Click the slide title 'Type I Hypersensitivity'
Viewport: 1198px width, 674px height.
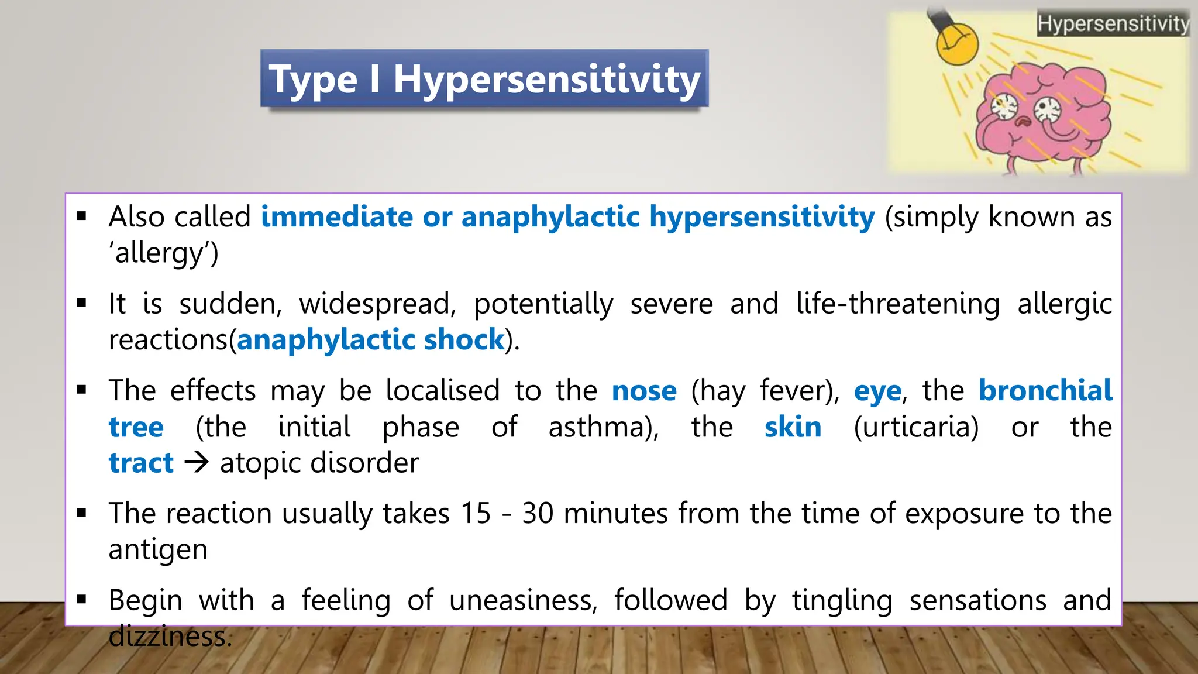pyautogui.click(x=484, y=79)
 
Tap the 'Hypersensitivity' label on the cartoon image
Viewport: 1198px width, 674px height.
pyautogui.click(x=1113, y=24)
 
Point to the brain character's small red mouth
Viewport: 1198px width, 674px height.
pyautogui.click(x=1023, y=122)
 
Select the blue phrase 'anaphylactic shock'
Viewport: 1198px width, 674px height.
pyautogui.click(x=371, y=339)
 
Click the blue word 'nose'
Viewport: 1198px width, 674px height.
pyautogui.click(x=644, y=390)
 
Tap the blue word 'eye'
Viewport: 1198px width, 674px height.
pyautogui.click(x=877, y=391)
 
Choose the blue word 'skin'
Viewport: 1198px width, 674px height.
pyautogui.click(x=793, y=427)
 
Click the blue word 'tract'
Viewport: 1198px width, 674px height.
pyautogui.click(x=141, y=463)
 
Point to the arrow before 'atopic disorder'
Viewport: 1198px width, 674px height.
pyautogui.click(x=197, y=463)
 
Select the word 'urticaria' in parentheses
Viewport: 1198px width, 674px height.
pyautogui.click(x=916, y=427)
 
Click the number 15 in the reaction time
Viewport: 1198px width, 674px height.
pyautogui.click(x=475, y=513)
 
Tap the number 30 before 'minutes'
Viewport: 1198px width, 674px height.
pyautogui.click(x=538, y=513)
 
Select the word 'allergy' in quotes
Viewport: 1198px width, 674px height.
pyautogui.click(x=163, y=253)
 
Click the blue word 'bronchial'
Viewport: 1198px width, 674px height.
pyautogui.click(x=1045, y=390)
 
